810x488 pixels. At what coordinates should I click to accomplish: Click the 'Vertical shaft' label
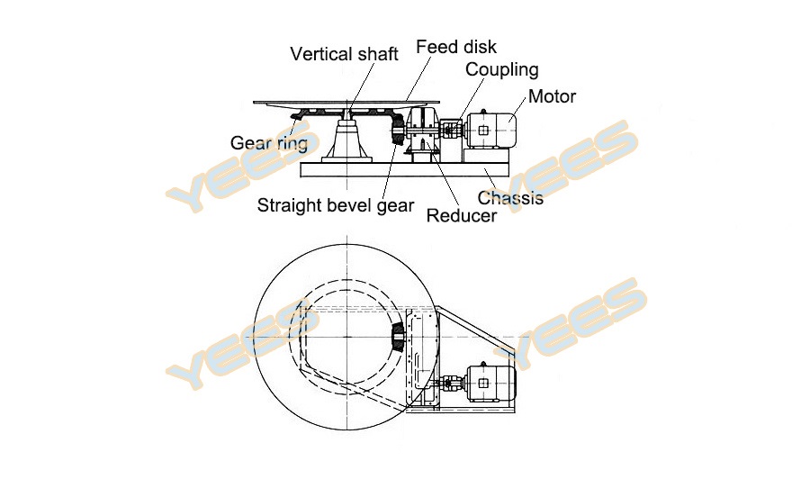(344, 54)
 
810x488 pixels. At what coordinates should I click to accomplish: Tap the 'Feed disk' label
(456, 47)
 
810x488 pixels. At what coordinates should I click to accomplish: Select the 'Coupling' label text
(501, 70)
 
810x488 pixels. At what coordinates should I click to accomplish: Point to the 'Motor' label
(552, 96)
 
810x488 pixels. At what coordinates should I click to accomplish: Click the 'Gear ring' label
(268, 143)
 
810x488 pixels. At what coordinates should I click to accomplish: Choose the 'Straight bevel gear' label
(336, 206)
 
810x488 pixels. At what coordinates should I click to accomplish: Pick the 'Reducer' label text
(462, 215)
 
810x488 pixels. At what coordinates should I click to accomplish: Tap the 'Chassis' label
(510, 198)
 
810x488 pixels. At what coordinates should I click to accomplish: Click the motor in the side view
(490, 131)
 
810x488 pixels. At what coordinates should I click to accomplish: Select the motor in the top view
(490, 383)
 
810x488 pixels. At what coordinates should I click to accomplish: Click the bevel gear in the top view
(399, 338)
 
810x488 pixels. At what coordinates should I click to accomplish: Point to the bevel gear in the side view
(399, 131)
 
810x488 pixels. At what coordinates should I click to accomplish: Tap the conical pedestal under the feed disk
(346, 141)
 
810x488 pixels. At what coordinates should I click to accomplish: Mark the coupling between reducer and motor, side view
(453, 127)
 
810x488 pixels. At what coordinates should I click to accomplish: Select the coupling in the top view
(452, 384)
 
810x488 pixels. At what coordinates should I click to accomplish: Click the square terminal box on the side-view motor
(482, 131)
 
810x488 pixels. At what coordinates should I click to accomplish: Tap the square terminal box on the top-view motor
(483, 383)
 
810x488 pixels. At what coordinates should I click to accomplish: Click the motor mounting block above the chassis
(487, 156)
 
